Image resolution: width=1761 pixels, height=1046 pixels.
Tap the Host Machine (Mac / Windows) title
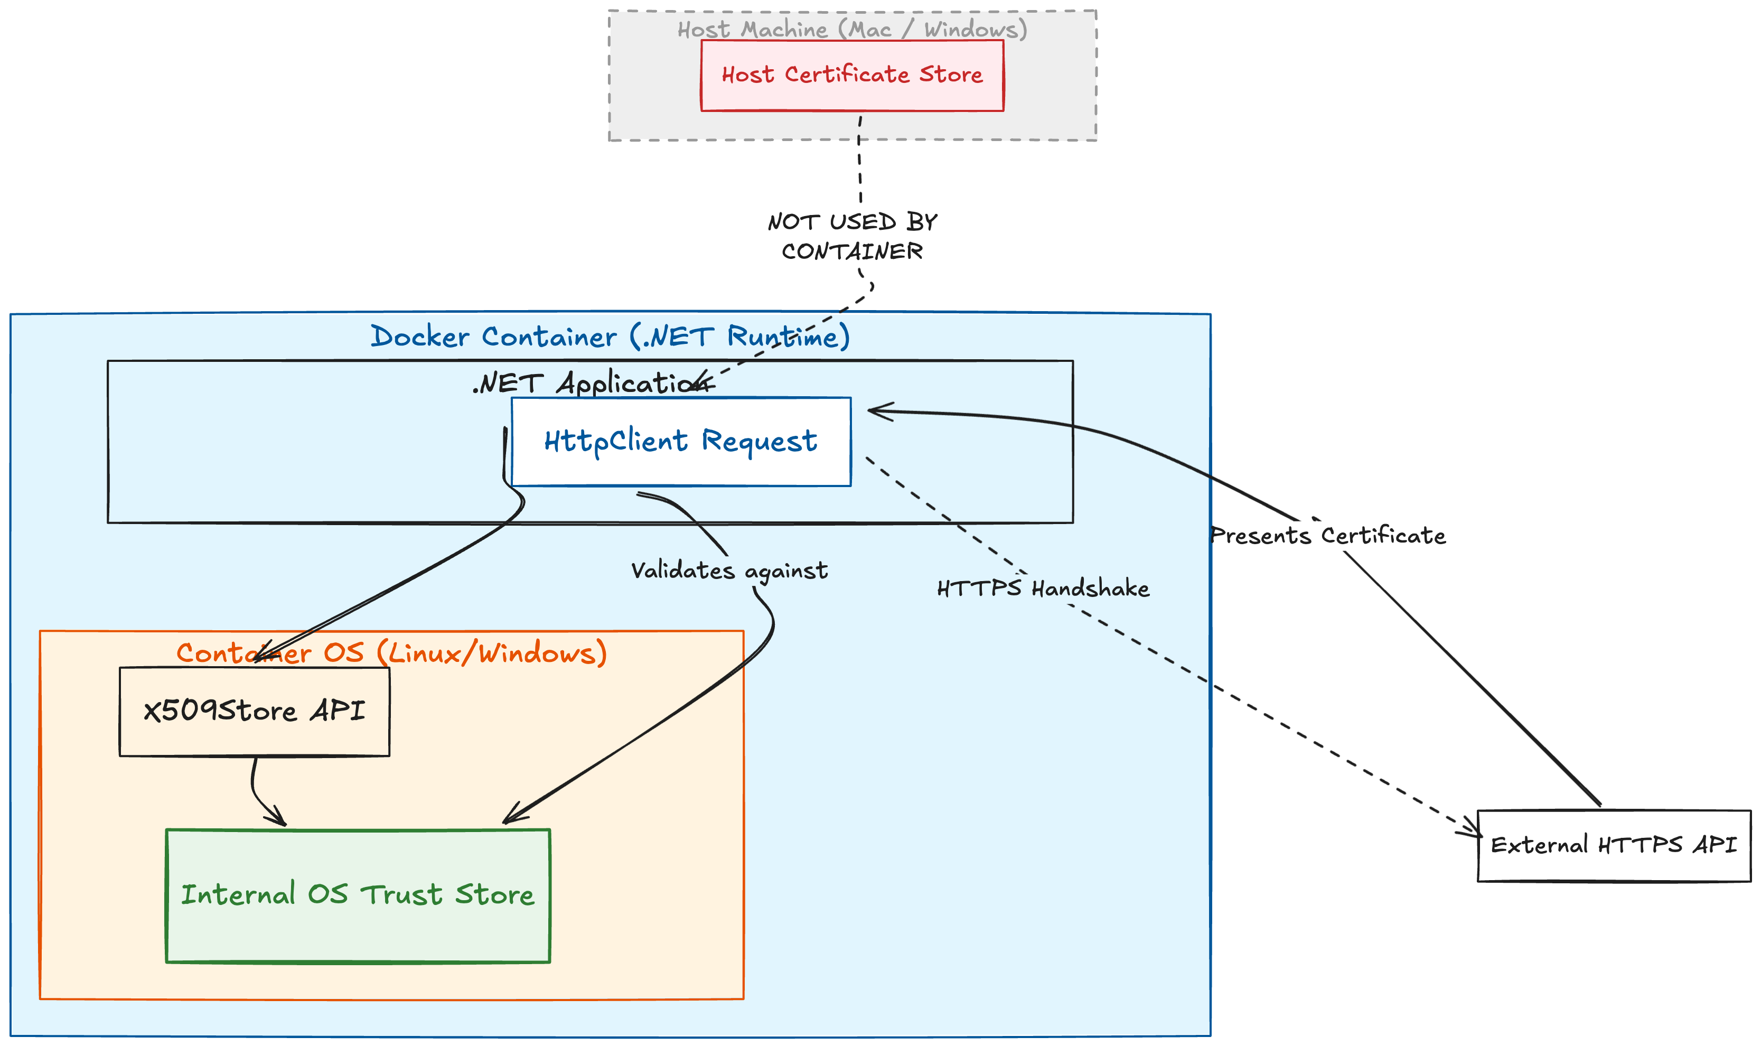851,29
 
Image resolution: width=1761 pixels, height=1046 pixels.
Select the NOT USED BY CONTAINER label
851,236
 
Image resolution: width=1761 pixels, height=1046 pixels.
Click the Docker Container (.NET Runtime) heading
610,336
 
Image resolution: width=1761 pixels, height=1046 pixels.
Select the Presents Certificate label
1328,535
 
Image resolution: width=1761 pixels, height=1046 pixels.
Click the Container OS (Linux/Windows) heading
391,652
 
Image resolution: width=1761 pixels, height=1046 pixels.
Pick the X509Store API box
255,711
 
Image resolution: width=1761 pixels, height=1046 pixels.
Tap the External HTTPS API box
1613,845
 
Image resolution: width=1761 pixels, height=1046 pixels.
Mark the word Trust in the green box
401,895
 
